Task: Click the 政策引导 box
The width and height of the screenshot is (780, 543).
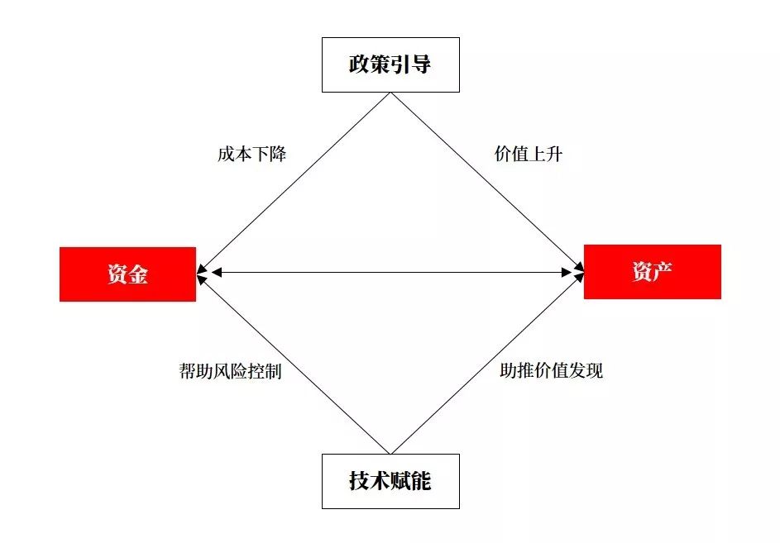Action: pos(390,64)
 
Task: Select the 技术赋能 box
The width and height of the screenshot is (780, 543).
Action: pos(390,481)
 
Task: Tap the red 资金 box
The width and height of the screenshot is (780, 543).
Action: pos(127,274)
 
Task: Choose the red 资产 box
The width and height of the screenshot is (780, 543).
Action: pos(652,272)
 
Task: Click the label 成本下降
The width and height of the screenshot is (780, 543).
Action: pos(252,154)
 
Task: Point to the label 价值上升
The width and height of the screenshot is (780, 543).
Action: pos(529,154)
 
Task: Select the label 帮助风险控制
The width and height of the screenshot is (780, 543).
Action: pos(230,371)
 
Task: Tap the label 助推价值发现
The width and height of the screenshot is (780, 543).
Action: pos(552,371)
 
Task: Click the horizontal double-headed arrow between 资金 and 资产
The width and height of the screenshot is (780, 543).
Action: pos(390,272)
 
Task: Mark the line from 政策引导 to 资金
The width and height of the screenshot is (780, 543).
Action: pos(294,183)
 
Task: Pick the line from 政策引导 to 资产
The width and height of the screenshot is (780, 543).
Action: pos(486,183)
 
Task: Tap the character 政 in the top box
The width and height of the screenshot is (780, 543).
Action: pos(359,64)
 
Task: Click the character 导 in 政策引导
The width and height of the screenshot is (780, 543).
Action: pos(420,64)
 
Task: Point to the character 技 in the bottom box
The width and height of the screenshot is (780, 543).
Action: pos(359,481)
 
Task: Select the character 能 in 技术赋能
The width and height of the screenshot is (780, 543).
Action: pos(421,481)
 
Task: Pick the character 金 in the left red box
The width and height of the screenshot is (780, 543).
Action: pos(138,274)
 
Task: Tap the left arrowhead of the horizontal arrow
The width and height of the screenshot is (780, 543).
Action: pos(216,272)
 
